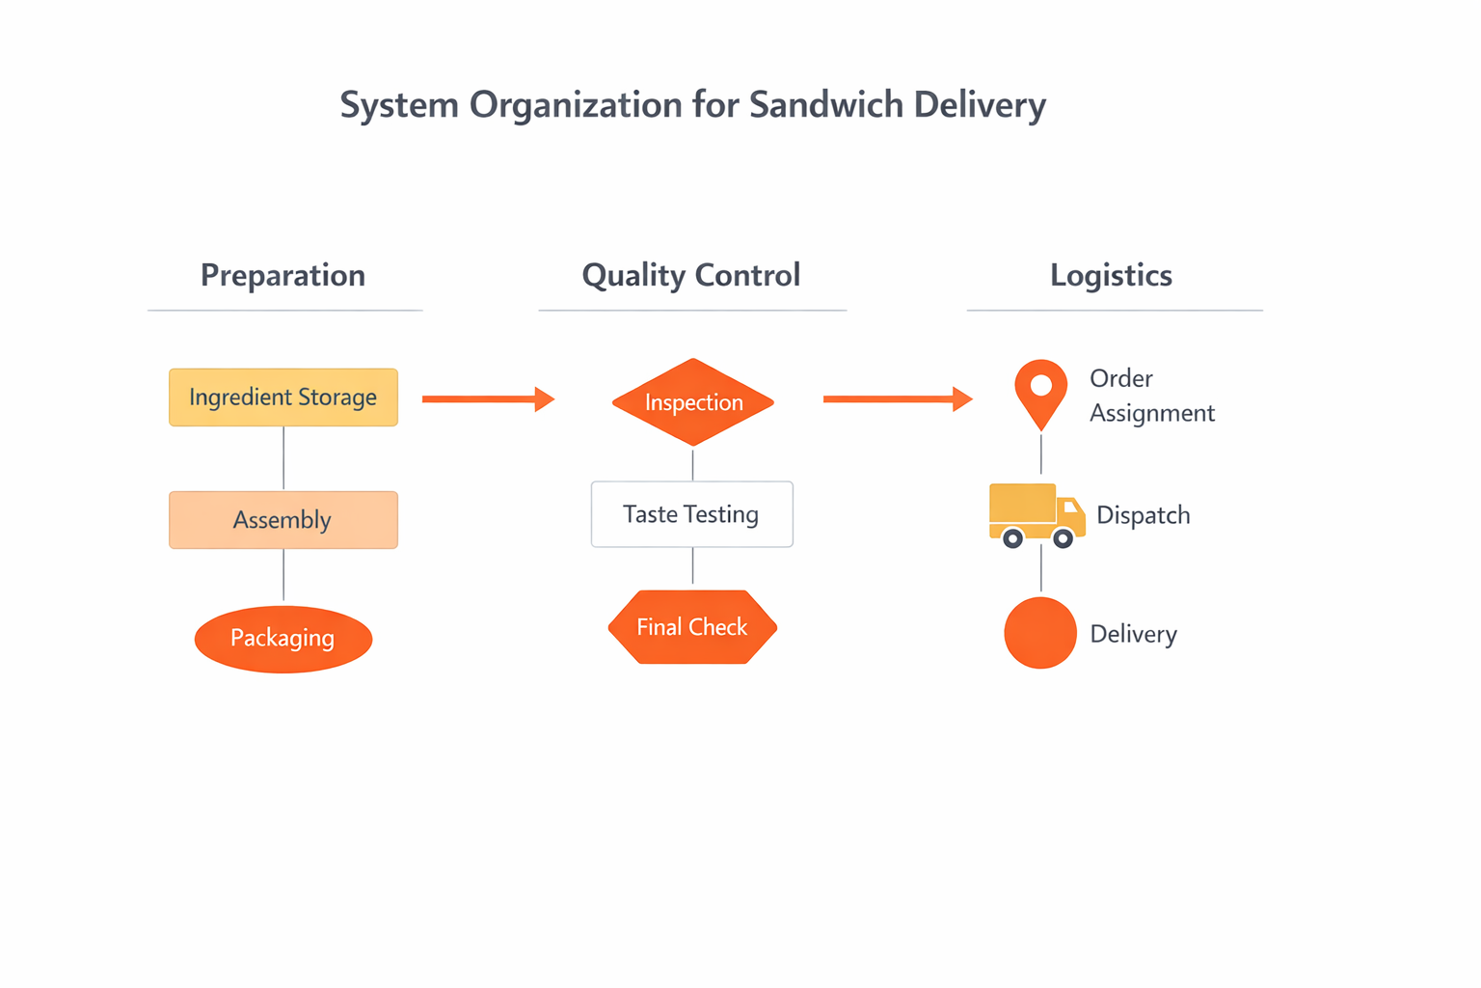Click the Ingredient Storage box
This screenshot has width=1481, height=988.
[x=283, y=398]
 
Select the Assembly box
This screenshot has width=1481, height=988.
[x=283, y=520]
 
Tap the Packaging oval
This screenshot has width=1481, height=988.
[x=283, y=639]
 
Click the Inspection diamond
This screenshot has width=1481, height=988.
[x=692, y=402]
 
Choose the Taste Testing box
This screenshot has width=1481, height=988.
[x=691, y=514]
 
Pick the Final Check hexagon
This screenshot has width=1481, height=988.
[x=691, y=627]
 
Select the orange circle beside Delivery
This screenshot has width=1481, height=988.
[x=1039, y=633]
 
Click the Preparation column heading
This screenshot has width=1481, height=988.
[x=283, y=276]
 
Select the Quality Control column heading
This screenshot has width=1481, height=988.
[x=690, y=276]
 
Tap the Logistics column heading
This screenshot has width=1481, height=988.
[x=1111, y=276]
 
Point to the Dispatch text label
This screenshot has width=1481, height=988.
[x=1143, y=515]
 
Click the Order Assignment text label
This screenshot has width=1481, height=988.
[x=1151, y=396]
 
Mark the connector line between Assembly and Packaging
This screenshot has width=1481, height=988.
[x=283, y=576]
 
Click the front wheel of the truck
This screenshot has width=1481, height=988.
[x=1063, y=538]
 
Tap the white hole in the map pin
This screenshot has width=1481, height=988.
[x=1040, y=385]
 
